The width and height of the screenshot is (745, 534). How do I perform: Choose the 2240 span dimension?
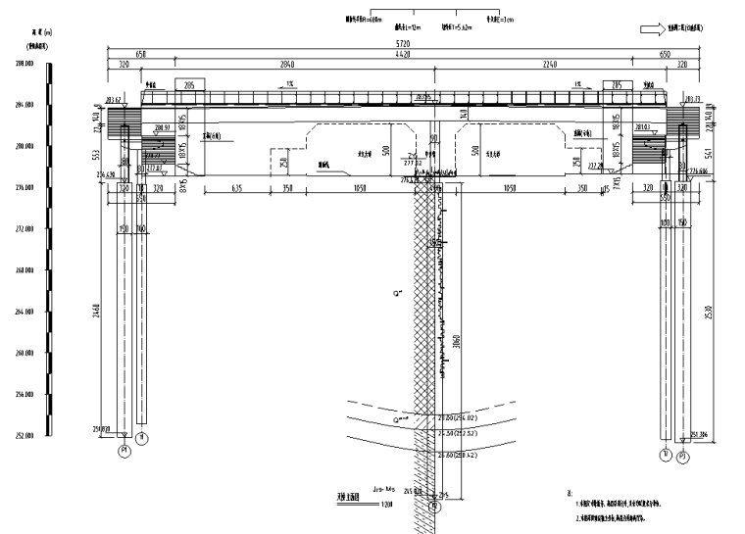tap(547, 65)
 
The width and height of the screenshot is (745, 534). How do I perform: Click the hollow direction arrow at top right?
tap(654, 30)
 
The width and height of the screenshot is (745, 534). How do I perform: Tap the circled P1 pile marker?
tap(124, 450)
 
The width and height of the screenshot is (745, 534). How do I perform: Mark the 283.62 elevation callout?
tap(110, 99)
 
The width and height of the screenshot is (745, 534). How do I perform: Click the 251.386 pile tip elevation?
tap(699, 434)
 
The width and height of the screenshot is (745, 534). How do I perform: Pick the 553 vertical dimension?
tap(96, 155)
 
